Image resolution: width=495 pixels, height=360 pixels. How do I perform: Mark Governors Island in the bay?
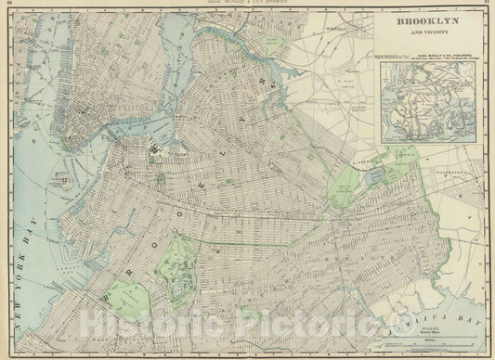[66, 180]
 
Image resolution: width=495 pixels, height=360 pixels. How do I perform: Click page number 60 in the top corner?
[9, 4]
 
